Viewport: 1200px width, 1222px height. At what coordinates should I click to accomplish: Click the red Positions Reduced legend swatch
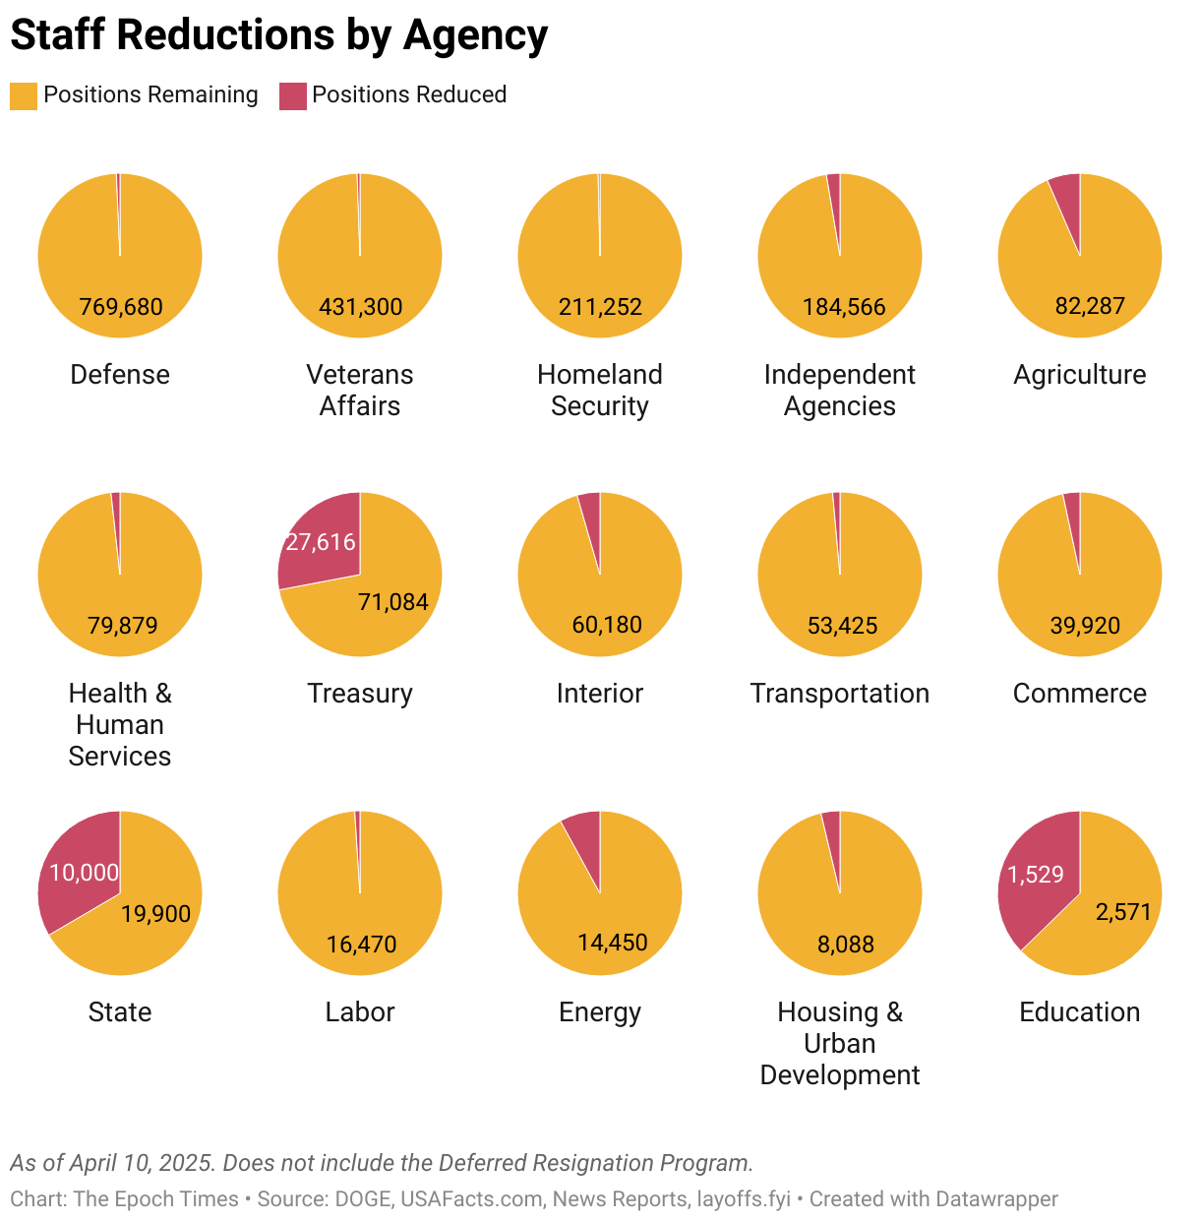292,95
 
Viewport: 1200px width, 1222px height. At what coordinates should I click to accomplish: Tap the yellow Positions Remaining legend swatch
24,95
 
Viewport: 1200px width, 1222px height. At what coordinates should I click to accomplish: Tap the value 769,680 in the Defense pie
121,307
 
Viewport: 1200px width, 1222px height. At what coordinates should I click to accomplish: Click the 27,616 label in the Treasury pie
321,542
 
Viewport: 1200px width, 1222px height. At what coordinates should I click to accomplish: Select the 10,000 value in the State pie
84,873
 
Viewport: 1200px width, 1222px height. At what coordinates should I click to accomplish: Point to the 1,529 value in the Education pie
1036,875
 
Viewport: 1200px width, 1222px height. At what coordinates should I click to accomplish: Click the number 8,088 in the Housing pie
845,945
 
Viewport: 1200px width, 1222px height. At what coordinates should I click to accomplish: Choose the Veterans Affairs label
360,390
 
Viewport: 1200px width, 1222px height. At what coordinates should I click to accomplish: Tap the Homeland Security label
600,390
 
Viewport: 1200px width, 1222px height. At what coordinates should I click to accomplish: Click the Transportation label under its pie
840,694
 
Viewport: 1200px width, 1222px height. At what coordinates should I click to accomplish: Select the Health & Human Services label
120,725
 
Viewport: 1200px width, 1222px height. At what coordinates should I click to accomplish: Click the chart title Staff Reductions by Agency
278,35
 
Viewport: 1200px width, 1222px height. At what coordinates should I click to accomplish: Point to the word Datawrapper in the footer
996,1199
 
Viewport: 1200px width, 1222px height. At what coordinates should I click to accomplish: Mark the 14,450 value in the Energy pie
612,943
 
